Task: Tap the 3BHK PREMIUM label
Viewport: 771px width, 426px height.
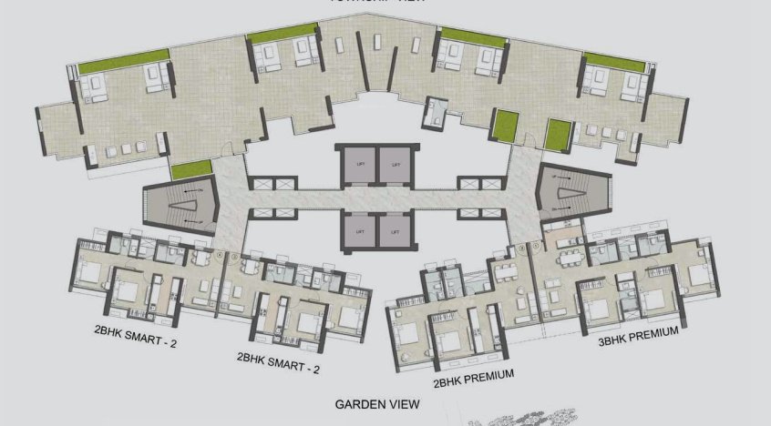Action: (638, 333)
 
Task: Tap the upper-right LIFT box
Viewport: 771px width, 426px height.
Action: (395, 164)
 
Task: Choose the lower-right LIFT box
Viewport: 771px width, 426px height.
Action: (395, 231)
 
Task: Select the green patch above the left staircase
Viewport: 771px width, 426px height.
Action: (190, 167)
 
